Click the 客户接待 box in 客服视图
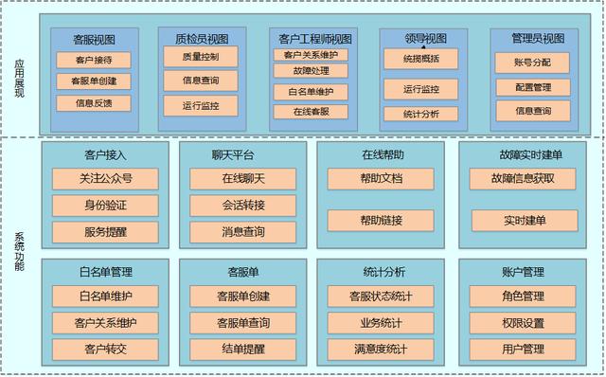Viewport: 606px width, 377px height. click(x=94, y=60)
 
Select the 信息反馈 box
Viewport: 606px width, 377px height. click(x=94, y=103)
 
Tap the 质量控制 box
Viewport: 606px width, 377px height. click(x=201, y=57)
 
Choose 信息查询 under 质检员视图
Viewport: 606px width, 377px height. click(x=201, y=81)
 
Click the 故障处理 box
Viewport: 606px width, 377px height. click(x=311, y=71)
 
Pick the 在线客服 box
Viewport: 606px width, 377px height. click(x=311, y=112)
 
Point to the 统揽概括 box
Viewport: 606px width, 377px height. click(x=420, y=59)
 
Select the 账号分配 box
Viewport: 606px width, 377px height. click(x=532, y=63)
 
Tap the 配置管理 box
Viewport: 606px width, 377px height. click(x=533, y=87)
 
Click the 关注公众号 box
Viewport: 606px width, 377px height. click(x=105, y=179)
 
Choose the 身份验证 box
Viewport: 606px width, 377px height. click(x=105, y=206)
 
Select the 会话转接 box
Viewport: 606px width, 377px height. click(x=242, y=206)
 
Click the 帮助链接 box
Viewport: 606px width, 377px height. click(x=381, y=221)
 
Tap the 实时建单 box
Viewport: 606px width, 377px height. click(x=525, y=221)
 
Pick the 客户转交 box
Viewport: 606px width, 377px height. click(x=105, y=350)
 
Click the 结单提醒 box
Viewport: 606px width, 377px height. click(x=242, y=350)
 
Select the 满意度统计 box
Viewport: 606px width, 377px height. click(x=381, y=350)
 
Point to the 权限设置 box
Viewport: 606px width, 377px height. click(x=523, y=323)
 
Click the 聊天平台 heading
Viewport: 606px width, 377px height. click(x=233, y=155)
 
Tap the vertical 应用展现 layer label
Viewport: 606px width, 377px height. click(x=19, y=78)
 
